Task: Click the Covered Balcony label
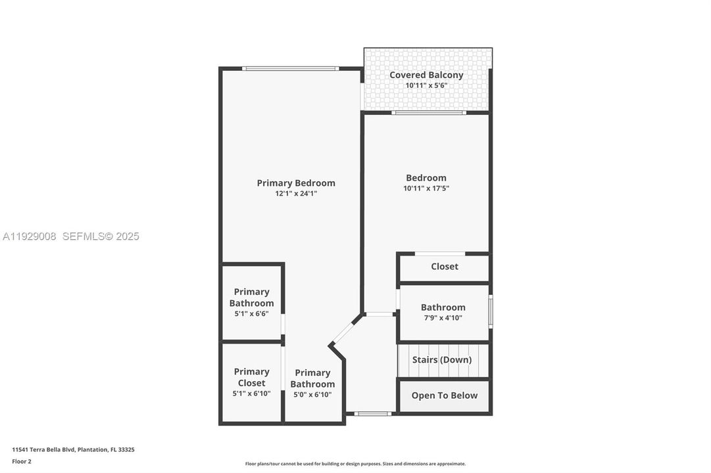pos(426,75)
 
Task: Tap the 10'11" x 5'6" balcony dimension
pos(426,85)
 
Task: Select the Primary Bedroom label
pos(296,183)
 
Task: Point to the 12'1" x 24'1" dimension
pos(296,194)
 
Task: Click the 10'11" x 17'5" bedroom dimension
pos(426,189)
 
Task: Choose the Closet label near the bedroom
pos(445,267)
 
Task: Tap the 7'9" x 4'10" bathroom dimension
pos(443,318)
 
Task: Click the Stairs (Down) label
pos(442,360)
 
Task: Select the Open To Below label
pos(445,395)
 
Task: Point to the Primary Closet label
pos(251,377)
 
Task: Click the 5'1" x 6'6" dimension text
pos(251,315)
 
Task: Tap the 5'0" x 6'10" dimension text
pos(312,395)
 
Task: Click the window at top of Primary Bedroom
pos(290,68)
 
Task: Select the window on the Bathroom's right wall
pos(490,311)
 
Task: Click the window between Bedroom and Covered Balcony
pos(429,113)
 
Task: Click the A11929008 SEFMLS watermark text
pos(71,236)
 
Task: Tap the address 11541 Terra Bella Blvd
pos(73,450)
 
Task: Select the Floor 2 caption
pos(22,462)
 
